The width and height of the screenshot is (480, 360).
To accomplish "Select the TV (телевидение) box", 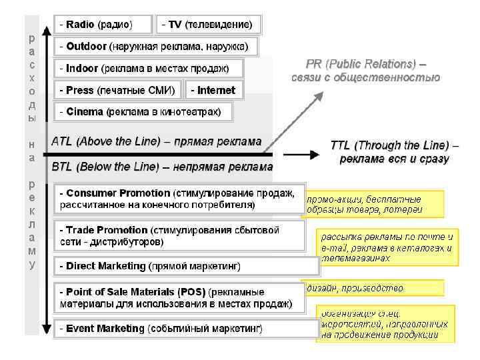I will [209, 25].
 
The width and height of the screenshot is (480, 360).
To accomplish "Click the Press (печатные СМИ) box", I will [117, 90].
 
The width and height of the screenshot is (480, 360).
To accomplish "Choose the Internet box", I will [213, 90].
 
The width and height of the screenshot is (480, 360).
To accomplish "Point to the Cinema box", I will [143, 111].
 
